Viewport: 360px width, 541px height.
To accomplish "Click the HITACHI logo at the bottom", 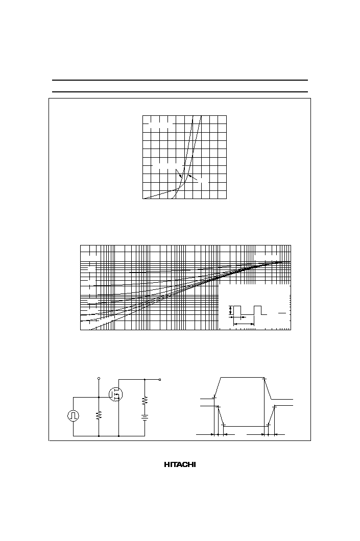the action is (180, 465).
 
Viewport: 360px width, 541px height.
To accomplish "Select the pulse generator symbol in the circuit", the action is (73, 416).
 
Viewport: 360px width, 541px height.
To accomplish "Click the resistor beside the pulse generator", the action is (99, 415).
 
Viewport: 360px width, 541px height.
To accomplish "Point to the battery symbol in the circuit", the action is (145, 417).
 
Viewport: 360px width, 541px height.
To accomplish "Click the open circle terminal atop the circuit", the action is (99, 379).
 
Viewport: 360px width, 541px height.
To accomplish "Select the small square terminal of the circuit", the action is (160, 380).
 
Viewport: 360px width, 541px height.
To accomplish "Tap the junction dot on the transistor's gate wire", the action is (99, 397).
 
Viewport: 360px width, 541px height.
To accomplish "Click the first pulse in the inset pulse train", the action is (237, 310).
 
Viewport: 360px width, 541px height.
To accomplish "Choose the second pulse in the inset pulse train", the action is (258, 310).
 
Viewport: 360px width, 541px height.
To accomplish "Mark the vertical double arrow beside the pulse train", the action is (230, 310).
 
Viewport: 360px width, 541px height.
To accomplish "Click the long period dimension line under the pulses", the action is (244, 324).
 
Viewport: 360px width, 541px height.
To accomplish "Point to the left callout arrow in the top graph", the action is (179, 174).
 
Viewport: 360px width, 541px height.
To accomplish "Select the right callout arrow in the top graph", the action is (194, 178).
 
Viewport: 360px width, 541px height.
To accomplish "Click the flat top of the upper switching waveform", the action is (242, 378).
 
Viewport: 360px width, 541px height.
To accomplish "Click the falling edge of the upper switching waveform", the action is (268, 389).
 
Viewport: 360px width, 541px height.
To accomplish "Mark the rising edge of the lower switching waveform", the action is (272, 416).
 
